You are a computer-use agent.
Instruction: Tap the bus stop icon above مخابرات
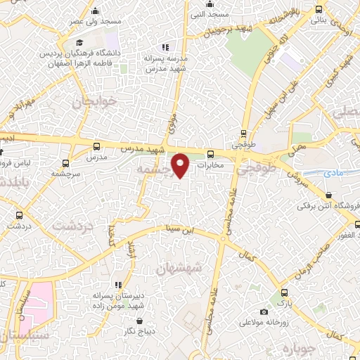point(210,155)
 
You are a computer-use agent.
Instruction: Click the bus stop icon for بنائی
point(320,9)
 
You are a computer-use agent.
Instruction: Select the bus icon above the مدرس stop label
point(96,146)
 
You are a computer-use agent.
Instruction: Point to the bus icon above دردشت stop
point(18,216)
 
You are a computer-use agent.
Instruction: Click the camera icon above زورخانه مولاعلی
point(264,311)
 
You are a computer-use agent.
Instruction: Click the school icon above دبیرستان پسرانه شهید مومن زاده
point(117,285)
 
